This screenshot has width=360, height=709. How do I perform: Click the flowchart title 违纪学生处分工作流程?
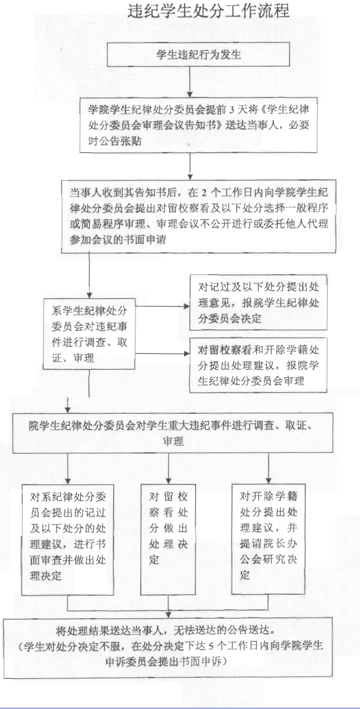point(208,11)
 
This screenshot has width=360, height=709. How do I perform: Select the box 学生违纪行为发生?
point(198,55)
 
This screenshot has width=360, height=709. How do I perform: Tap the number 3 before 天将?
point(232,110)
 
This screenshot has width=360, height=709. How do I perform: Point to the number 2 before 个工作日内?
point(204,193)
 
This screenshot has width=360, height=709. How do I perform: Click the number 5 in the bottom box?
point(211,646)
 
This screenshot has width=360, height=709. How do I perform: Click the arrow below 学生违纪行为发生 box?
point(190,82)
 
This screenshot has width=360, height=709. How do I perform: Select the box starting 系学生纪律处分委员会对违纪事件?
point(89,334)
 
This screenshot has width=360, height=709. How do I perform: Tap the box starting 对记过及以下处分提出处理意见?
point(258,303)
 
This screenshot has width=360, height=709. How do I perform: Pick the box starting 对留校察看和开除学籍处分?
point(258,365)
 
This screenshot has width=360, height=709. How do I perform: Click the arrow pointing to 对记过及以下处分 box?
point(163,306)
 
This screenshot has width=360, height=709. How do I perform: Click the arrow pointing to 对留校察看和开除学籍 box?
point(163,353)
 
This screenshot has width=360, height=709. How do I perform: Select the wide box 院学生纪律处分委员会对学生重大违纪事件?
point(173,432)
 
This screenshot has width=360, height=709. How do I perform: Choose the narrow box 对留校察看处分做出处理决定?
point(168,540)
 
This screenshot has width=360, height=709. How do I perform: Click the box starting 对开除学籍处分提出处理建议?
point(268,539)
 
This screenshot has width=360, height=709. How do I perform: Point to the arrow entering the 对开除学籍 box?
point(268,468)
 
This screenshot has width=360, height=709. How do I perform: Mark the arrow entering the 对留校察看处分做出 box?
point(169,468)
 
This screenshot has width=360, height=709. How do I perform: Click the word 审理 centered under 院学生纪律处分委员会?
point(173,441)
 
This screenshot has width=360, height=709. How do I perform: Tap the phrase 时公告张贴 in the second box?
point(115,141)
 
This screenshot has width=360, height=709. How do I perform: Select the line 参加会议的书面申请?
point(117,240)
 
